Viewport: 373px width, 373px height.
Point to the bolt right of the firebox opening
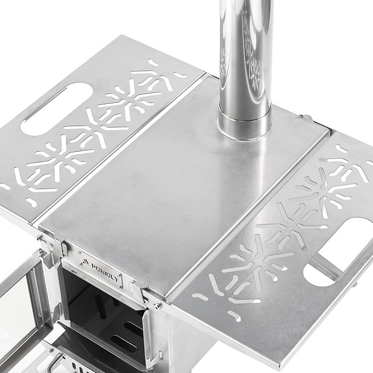coord(158,306)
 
